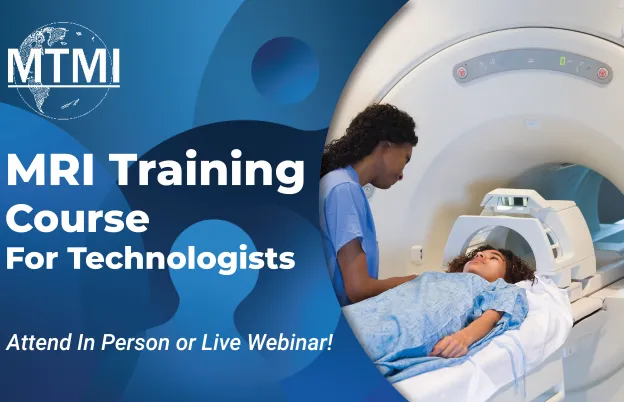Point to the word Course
(79, 217)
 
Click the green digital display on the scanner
(563, 62)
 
